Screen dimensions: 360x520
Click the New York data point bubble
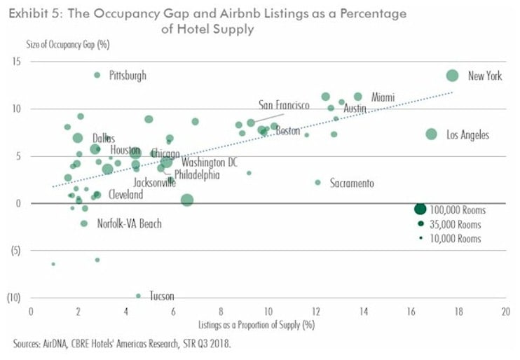click(x=452, y=76)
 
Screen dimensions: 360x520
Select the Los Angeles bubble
click(x=431, y=134)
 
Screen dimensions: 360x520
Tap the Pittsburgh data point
click(x=97, y=75)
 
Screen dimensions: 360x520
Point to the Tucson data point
click(x=138, y=296)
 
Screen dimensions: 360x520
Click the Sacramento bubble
click(x=317, y=182)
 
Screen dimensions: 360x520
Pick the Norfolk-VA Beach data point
click(x=84, y=223)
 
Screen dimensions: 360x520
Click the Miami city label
click(x=383, y=97)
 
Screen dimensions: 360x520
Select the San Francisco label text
click(x=284, y=105)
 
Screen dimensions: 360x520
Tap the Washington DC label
click(x=210, y=162)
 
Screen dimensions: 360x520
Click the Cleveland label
click(x=125, y=195)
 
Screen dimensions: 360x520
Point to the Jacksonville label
click(x=154, y=182)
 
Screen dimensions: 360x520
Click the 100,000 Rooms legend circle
click(x=420, y=209)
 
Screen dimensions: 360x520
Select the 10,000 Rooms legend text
click(x=456, y=239)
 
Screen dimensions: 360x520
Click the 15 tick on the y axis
click(x=15, y=62)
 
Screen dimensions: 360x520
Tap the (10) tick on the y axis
click(x=14, y=297)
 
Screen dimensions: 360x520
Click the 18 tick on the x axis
click(x=457, y=311)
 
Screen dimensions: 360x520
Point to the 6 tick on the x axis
click(x=173, y=311)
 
